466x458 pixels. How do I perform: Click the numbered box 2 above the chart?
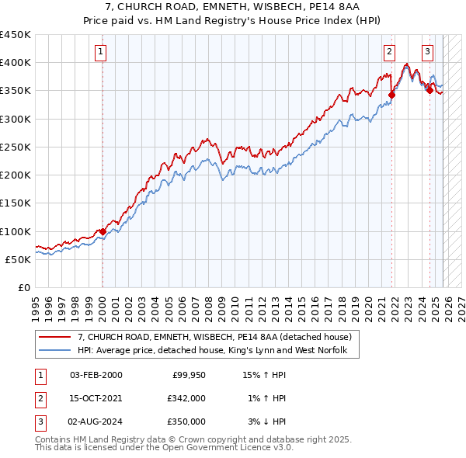click(x=388, y=52)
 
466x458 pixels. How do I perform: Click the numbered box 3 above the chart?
click(x=427, y=52)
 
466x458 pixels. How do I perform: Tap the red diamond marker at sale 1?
click(x=103, y=231)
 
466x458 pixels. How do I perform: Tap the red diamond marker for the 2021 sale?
click(x=391, y=95)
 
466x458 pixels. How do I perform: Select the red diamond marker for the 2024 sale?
click(x=429, y=91)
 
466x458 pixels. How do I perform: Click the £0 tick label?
click(x=23, y=288)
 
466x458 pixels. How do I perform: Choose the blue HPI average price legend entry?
click(x=218, y=351)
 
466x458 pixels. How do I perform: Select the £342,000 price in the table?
click(x=186, y=398)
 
